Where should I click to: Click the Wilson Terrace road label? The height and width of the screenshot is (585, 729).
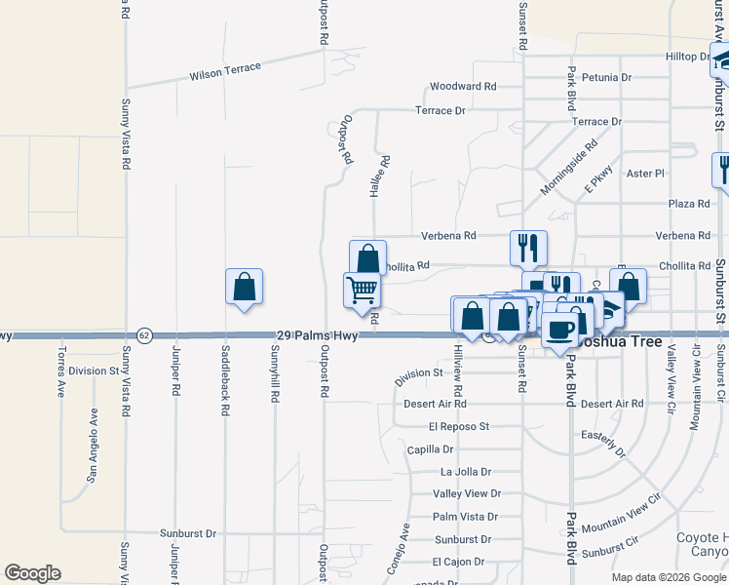click(225, 71)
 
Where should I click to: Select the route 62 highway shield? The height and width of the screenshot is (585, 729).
click(144, 335)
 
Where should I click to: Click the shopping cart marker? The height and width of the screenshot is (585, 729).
click(362, 290)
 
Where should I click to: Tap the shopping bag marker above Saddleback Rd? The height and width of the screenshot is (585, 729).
click(244, 287)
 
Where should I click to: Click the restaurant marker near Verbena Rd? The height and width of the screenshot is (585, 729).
click(528, 248)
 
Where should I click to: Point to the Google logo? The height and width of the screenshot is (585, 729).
click(32, 573)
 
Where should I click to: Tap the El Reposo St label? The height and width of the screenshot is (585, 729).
click(458, 426)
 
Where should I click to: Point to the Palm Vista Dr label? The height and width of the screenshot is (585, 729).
click(465, 517)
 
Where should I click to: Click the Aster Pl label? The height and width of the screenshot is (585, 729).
click(645, 174)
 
